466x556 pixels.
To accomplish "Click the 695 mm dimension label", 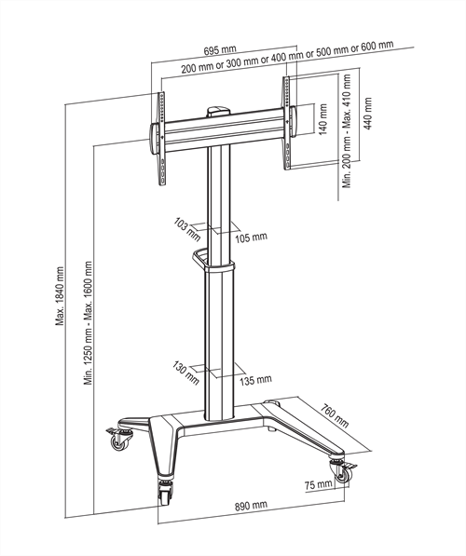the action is [x=220, y=50].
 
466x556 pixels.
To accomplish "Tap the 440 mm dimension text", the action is [x=368, y=114].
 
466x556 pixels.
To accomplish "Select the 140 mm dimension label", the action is [x=322, y=119].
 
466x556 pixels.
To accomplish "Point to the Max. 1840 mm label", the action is [x=60, y=296].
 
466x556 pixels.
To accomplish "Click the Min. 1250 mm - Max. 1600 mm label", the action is [x=88, y=323].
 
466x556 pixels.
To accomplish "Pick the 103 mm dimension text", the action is [x=187, y=229].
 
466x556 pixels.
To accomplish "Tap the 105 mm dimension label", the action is [x=251, y=237].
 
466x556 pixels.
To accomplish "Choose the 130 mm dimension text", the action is [x=185, y=373].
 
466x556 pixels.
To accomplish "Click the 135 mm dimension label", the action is [x=255, y=381].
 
